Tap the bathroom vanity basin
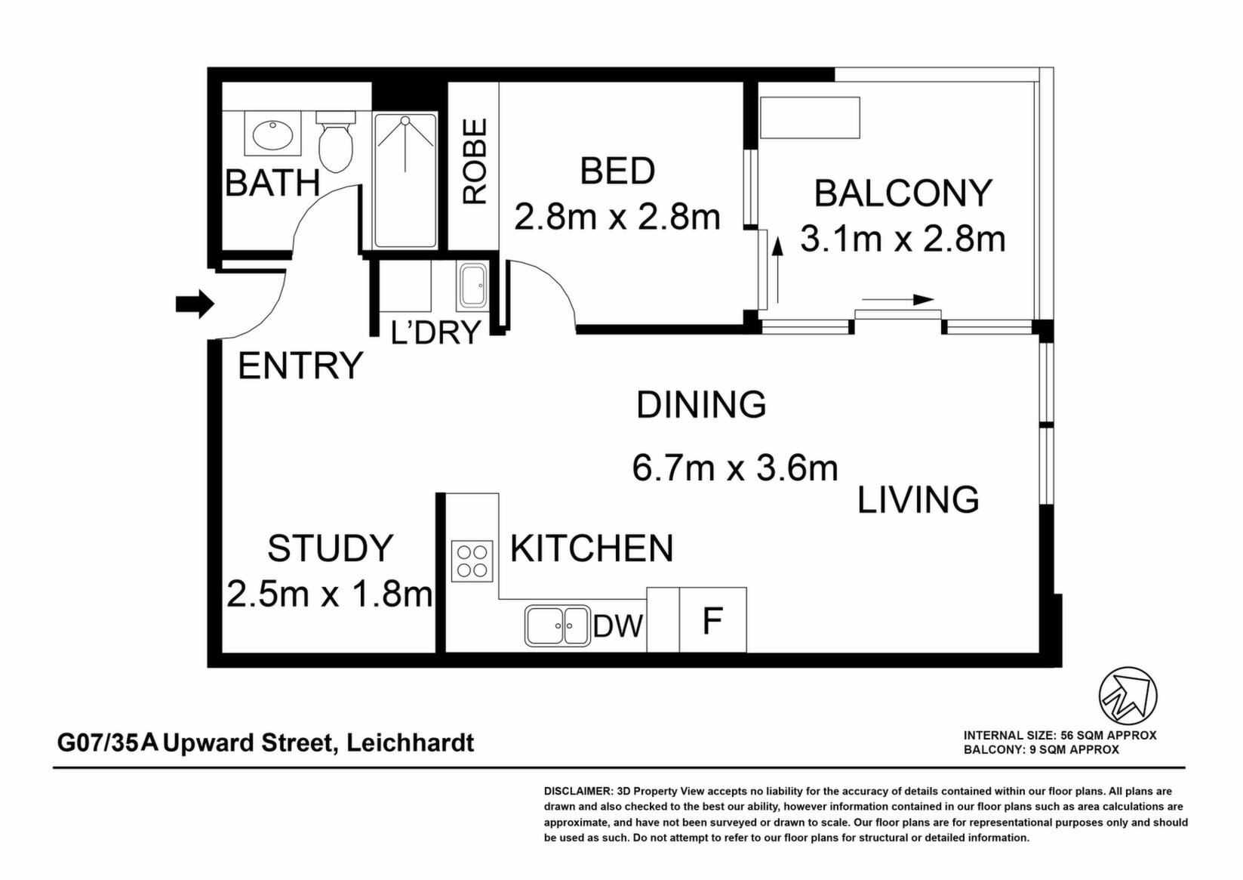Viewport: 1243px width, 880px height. [273, 134]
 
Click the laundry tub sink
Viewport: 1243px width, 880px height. [472, 286]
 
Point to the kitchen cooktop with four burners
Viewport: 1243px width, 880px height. [472, 561]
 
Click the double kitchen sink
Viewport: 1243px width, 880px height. [558, 625]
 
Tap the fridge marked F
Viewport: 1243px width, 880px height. [712, 619]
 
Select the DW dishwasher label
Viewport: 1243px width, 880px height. [617, 626]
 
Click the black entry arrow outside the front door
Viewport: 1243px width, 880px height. [195, 304]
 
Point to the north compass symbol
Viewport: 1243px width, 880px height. [1128, 696]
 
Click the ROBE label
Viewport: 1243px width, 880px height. [475, 161]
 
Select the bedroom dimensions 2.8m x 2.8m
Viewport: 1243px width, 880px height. [617, 217]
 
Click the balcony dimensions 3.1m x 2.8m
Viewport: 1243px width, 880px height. [903, 239]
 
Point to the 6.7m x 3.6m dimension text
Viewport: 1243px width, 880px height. [734, 468]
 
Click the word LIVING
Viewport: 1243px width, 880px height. [918, 499]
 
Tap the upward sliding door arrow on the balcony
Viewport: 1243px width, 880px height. [778, 270]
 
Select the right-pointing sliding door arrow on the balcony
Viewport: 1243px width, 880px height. [898, 300]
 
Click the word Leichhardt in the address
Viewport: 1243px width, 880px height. [410, 743]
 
